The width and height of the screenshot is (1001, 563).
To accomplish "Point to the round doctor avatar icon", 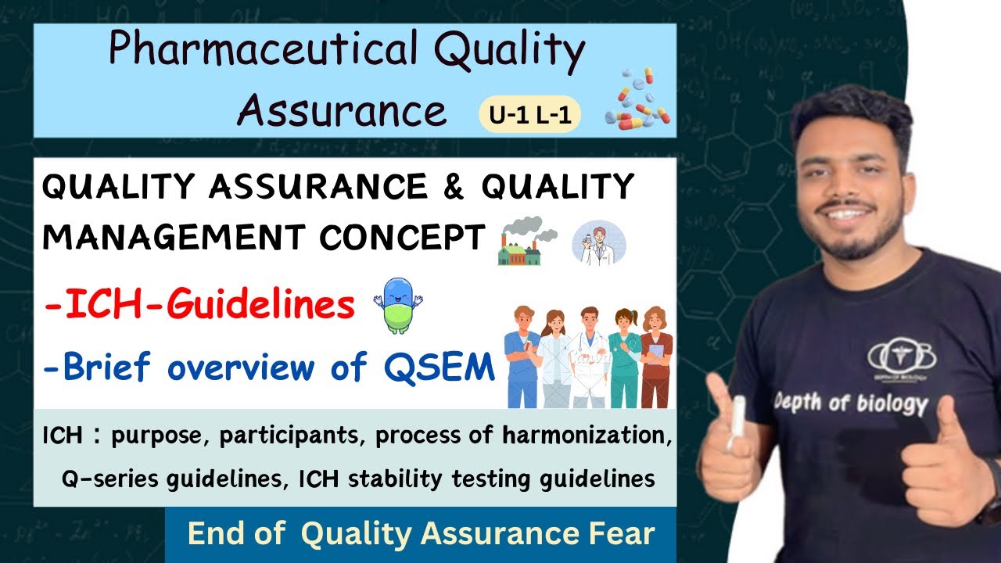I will tap(598, 241).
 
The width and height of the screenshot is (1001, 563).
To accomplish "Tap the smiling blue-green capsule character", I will tap(398, 307).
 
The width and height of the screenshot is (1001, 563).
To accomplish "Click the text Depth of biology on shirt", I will tap(850, 403).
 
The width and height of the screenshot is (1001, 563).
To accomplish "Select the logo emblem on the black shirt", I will tap(901, 356).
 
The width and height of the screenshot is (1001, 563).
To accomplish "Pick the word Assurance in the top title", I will tap(342, 110).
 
